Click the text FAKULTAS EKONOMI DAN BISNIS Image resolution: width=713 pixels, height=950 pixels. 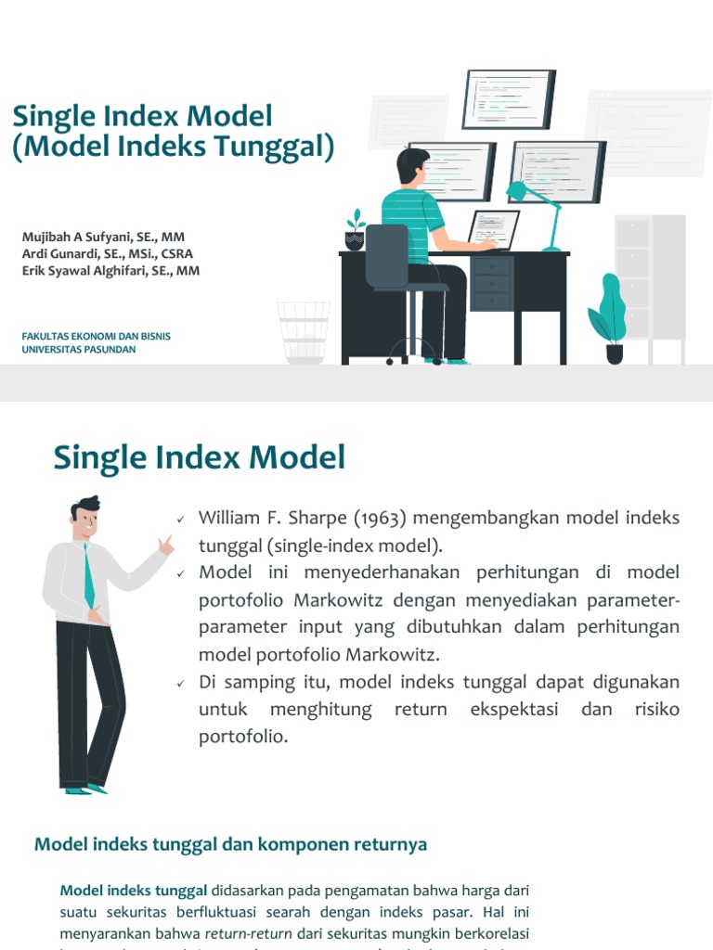point(97,336)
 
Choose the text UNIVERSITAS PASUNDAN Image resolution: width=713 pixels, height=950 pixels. point(79,350)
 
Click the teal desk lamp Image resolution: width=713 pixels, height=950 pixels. point(538,209)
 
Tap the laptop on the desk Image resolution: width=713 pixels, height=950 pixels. point(494,229)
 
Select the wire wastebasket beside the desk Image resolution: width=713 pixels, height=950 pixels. point(304,332)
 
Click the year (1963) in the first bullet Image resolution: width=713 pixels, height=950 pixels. point(380,518)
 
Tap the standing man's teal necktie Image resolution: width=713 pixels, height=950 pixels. point(88,575)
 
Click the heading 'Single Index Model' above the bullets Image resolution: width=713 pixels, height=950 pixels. point(200,457)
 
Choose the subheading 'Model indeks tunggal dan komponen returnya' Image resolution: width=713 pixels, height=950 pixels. point(230,844)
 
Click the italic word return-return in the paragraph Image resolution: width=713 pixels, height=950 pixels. point(248,932)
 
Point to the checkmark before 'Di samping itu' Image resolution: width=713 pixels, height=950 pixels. point(181,683)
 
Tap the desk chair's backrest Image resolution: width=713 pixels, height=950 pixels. point(387,254)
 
